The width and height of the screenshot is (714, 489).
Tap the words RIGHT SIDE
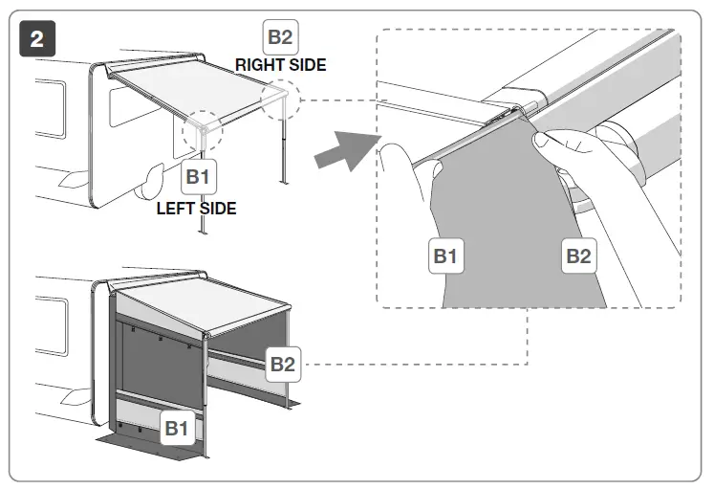(281, 65)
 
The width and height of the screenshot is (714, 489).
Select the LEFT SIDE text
(196, 208)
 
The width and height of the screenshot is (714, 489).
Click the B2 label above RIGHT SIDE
(280, 38)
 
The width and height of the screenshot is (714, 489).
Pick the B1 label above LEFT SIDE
(197, 177)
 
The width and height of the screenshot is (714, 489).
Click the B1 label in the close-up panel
(445, 256)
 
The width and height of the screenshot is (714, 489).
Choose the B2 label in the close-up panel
(577, 256)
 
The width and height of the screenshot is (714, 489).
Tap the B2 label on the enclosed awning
(281, 364)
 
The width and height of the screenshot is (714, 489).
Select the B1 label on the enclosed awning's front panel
(175, 430)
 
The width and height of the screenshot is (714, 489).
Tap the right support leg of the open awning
(285, 144)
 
